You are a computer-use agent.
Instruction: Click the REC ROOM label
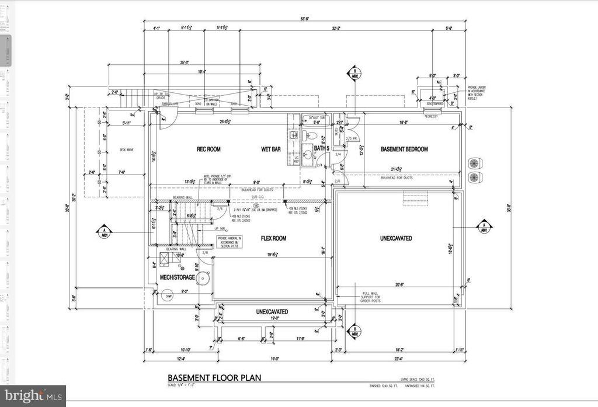208,149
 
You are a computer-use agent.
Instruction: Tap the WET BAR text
271,149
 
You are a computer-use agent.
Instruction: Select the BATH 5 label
322,149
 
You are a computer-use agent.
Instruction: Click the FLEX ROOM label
273,238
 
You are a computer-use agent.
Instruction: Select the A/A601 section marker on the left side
104,230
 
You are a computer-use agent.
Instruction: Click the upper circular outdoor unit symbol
475,162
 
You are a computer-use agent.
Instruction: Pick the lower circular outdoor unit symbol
475,178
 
